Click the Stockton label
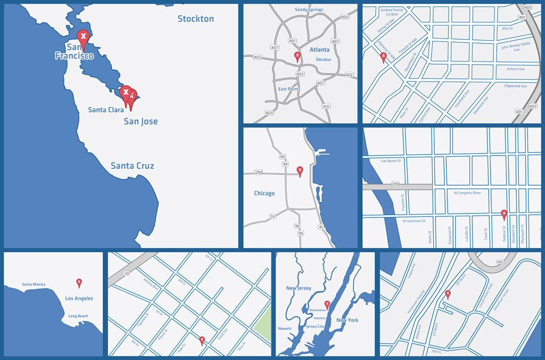coord(195,19)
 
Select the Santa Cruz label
coord(132,166)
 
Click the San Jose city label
coord(141,122)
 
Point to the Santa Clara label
coord(106,110)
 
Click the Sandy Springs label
coord(309,10)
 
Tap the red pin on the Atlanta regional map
coord(297,56)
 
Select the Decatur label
coord(323,59)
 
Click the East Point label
coord(288,89)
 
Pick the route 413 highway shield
coord(325,106)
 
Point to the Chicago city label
coord(264,193)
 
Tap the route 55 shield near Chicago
coord(272,216)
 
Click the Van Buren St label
coord(391,161)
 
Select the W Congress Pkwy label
coord(467,192)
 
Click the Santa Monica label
coord(33,284)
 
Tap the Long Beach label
coord(78,316)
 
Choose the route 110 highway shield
coord(126,274)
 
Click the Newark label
coord(284,329)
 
